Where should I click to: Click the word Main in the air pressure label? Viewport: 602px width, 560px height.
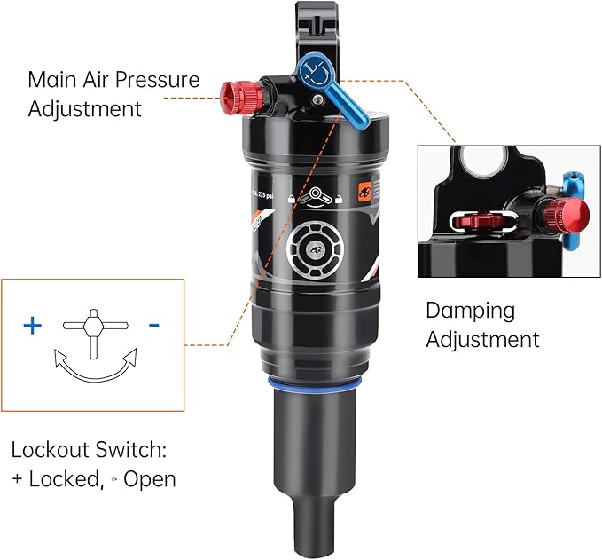point(52,79)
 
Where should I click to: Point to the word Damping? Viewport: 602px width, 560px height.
point(470,311)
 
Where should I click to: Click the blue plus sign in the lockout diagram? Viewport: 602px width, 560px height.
point(32,326)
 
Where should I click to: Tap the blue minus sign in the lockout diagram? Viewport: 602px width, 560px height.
point(154,326)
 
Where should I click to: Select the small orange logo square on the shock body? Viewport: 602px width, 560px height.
point(363,189)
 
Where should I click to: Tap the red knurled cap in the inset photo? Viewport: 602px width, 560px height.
point(565,214)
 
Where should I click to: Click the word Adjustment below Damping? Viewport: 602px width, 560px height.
point(482,339)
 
